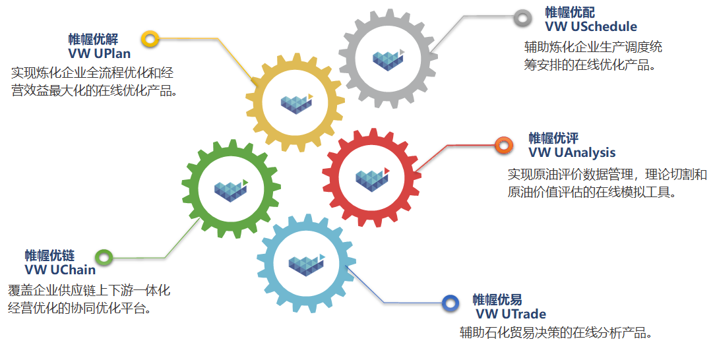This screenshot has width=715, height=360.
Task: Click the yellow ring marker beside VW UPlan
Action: [143, 39]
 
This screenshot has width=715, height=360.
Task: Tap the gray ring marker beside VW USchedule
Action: [516, 18]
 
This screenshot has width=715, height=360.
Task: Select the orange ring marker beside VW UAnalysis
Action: [497, 145]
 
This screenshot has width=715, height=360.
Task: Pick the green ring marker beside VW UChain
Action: [98, 257]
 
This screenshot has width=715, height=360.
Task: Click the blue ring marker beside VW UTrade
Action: [444, 303]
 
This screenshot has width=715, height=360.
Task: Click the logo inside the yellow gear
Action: [297, 104]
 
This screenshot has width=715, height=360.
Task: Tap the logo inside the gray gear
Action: [388, 60]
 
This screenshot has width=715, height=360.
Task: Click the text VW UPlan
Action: [100, 54]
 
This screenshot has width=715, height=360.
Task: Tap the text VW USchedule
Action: [591, 26]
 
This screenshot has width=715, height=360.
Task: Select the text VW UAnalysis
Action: [572, 153]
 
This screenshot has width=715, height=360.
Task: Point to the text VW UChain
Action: [60, 270]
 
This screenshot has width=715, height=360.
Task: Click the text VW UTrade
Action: [511, 314]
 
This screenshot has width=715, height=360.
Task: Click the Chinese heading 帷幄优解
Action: [93, 39]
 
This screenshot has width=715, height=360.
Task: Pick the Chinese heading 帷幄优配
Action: [570, 13]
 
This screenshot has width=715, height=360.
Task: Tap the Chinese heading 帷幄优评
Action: [553, 138]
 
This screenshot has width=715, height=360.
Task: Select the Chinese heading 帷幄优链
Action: [49, 256]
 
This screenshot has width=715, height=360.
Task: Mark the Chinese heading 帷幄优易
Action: [497, 300]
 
